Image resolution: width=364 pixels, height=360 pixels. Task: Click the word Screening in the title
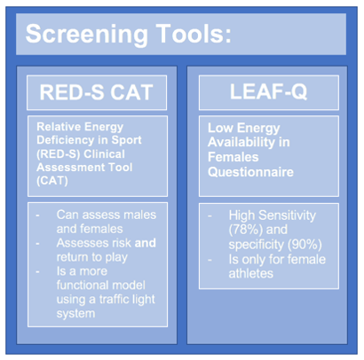pyautogui.click(x=86, y=35)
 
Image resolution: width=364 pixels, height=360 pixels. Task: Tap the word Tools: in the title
pyautogui.click(x=194, y=33)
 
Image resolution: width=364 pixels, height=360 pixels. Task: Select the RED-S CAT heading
pyautogui.click(x=97, y=92)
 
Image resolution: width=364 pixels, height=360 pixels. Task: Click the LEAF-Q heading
pyautogui.click(x=269, y=91)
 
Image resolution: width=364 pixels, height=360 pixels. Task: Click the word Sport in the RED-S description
pyautogui.click(x=126, y=140)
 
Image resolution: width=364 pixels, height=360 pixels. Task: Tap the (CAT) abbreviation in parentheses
pyautogui.click(x=52, y=180)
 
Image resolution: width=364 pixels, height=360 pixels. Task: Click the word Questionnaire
pyautogui.click(x=250, y=172)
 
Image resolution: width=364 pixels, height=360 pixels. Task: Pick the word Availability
pyautogui.click(x=241, y=142)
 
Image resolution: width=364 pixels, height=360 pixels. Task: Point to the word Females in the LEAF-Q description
pyautogui.click(x=233, y=157)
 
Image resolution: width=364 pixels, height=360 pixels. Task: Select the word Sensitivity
pyautogui.click(x=287, y=215)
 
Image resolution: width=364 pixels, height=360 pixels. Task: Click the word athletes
pyautogui.click(x=251, y=273)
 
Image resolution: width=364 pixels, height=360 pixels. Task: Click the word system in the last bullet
pyautogui.click(x=75, y=314)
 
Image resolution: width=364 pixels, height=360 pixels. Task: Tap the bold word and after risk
pyautogui.click(x=146, y=243)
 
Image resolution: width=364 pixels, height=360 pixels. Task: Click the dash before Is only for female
pyautogui.click(x=210, y=261)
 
